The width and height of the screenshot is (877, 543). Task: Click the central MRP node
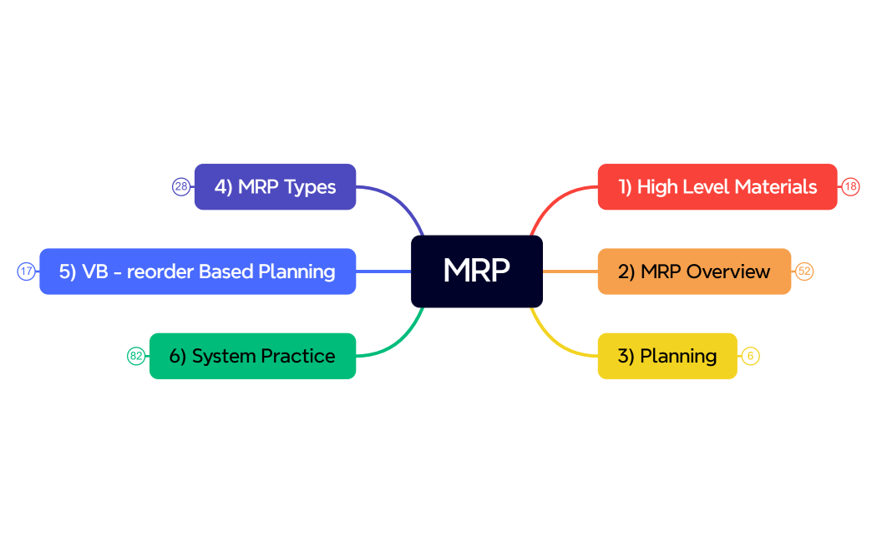477,271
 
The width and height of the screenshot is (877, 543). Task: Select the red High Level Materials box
717,187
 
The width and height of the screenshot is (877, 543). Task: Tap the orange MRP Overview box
694,271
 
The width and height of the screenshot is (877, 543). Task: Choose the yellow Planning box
667,356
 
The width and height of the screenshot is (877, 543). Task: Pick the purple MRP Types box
275,187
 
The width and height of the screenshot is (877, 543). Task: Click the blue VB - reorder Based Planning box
197,271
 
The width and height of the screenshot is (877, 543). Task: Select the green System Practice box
252,356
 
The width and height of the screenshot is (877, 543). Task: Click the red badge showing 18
850,187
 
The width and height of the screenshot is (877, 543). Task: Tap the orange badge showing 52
804,271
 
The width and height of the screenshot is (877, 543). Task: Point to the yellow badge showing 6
750,356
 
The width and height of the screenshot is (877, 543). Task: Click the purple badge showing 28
181,187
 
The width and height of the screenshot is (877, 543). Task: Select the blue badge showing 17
27,271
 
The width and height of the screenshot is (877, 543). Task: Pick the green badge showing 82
136,356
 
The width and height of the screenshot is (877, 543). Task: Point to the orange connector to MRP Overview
570,271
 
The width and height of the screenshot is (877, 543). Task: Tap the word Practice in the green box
298,356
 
